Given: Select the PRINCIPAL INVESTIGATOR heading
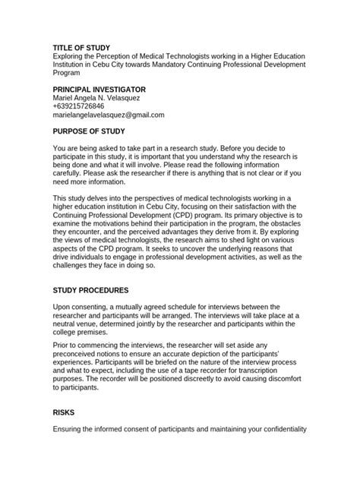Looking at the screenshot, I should [x=99, y=90].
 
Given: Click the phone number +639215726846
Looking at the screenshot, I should [x=78, y=106].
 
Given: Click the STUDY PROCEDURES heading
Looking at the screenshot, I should [x=95, y=290].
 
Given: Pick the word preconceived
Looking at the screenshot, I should [x=77, y=354].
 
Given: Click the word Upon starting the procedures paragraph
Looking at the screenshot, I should [x=62, y=306].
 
